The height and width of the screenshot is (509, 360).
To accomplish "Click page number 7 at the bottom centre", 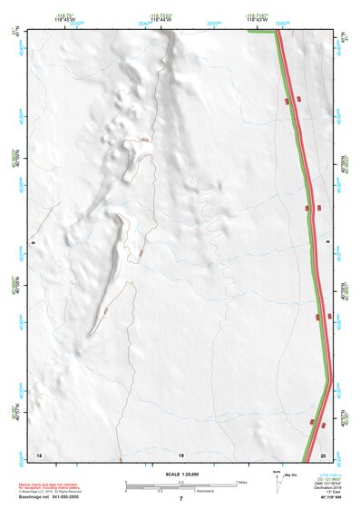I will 180,500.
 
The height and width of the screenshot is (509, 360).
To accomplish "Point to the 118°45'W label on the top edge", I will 65,17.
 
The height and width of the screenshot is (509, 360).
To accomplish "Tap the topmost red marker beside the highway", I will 288,102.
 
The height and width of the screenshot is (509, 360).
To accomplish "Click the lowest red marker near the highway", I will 312,423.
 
